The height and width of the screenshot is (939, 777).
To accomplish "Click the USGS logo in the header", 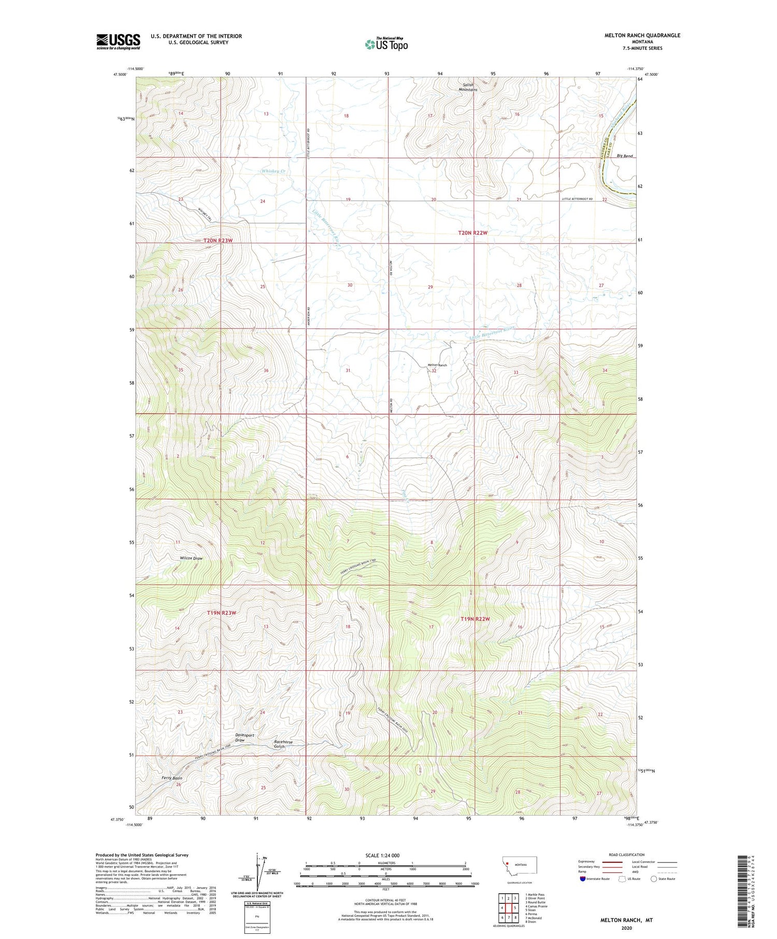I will click(118, 41).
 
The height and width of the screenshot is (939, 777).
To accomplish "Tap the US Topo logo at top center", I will click(386, 45).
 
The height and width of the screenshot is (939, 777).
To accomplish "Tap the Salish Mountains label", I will click(468, 87).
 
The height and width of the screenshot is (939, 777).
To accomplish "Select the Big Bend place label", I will click(625, 156).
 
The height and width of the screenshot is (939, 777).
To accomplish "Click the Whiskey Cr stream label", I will click(274, 170).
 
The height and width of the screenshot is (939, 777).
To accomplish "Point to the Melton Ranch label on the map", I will click(437, 365).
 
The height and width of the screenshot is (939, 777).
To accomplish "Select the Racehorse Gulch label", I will click(283, 744).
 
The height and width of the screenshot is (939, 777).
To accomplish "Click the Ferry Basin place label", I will click(171, 778).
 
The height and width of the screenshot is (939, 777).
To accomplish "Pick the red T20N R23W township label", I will click(218, 241).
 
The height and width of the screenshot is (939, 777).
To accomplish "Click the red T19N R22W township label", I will click(475, 619).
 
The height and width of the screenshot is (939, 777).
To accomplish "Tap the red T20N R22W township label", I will click(472, 233).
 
